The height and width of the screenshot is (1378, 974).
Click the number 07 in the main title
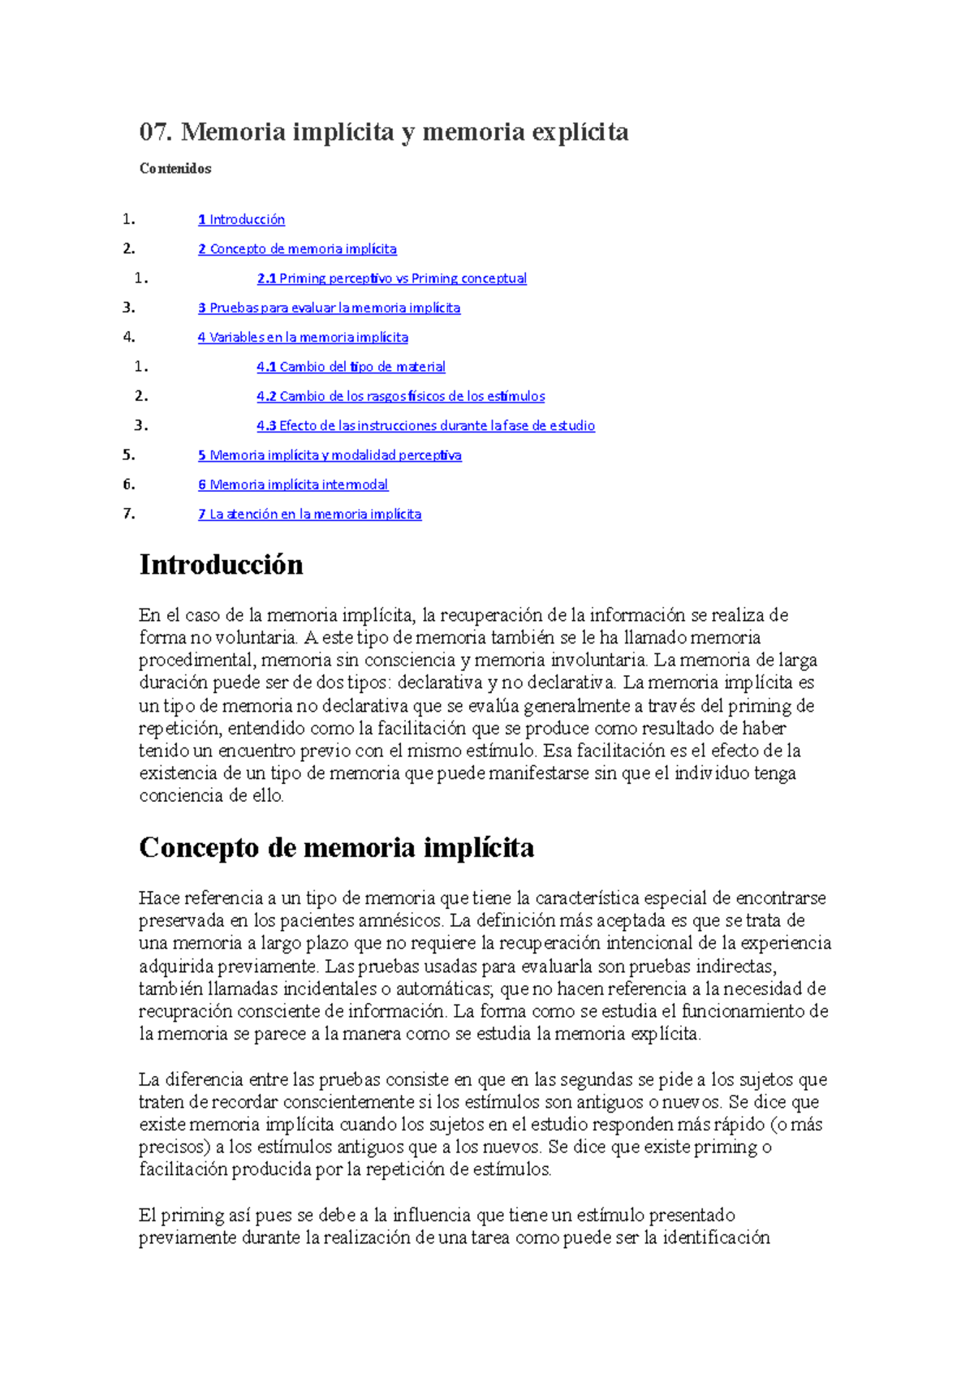[x=155, y=131]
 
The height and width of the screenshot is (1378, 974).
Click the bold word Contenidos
[x=175, y=169]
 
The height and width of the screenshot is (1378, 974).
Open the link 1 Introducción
[x=241, y=219]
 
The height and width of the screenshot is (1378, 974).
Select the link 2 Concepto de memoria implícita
[x=297, y=249]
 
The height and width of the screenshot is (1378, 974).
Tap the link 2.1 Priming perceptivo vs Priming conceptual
[x=391, y=278]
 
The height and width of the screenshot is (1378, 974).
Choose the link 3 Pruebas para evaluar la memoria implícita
[x=329, y=308]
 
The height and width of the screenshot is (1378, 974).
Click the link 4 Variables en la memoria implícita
[x=303, y=338]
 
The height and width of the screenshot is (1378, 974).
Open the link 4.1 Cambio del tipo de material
[x=351, y=367]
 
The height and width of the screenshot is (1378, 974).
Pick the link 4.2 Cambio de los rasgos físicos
[x=400, y=396]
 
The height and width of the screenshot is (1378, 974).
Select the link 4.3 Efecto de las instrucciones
[x=425, y=426]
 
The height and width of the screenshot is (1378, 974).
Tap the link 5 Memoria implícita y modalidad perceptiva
[x=330, y=455]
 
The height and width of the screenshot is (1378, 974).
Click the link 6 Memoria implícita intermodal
[x=293, y=484]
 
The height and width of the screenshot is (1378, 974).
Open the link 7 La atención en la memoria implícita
[x=309, y=515]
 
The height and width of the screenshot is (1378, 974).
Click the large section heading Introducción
[x=221, y=565]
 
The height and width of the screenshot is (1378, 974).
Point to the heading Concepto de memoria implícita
[x=336, y=848]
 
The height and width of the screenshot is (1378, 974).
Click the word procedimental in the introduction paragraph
[x=196, y=660]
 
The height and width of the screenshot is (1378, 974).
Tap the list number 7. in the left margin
[x=128, y=514]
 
